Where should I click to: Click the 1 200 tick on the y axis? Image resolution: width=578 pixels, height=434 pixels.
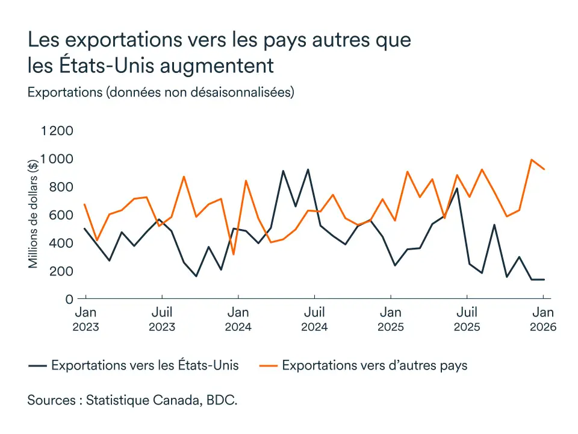click(57, 131)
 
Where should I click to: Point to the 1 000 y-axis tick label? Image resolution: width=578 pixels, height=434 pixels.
click(57, 159)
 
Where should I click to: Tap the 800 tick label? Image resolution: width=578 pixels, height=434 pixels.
click(61, 187)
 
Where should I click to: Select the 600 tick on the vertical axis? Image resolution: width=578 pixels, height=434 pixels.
click(61, 215)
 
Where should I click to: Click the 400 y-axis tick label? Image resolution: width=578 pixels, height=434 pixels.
click(61, 243)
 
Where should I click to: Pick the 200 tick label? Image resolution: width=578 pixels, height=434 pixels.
click(61, 271)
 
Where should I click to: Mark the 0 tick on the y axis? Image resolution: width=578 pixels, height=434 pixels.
click(69, 299)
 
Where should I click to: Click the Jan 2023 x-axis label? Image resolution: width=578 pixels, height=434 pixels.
click(85, 319)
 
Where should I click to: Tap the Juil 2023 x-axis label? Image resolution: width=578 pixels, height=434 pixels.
click(162, 319)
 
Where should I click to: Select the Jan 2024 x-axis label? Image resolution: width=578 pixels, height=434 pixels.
click(238, 319)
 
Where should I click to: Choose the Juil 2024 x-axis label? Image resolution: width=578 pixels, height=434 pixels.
click(314, 319)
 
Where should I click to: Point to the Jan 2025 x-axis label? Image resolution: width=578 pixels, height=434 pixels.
click(391, 319)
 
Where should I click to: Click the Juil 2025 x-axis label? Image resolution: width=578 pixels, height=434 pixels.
click(467, 319)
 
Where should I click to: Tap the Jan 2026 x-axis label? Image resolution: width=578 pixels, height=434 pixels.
click(543, 319)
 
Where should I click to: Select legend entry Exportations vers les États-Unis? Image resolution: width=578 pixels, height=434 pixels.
click(144, 365)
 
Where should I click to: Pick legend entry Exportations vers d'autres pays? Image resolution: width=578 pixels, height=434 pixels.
click(374, 365)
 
